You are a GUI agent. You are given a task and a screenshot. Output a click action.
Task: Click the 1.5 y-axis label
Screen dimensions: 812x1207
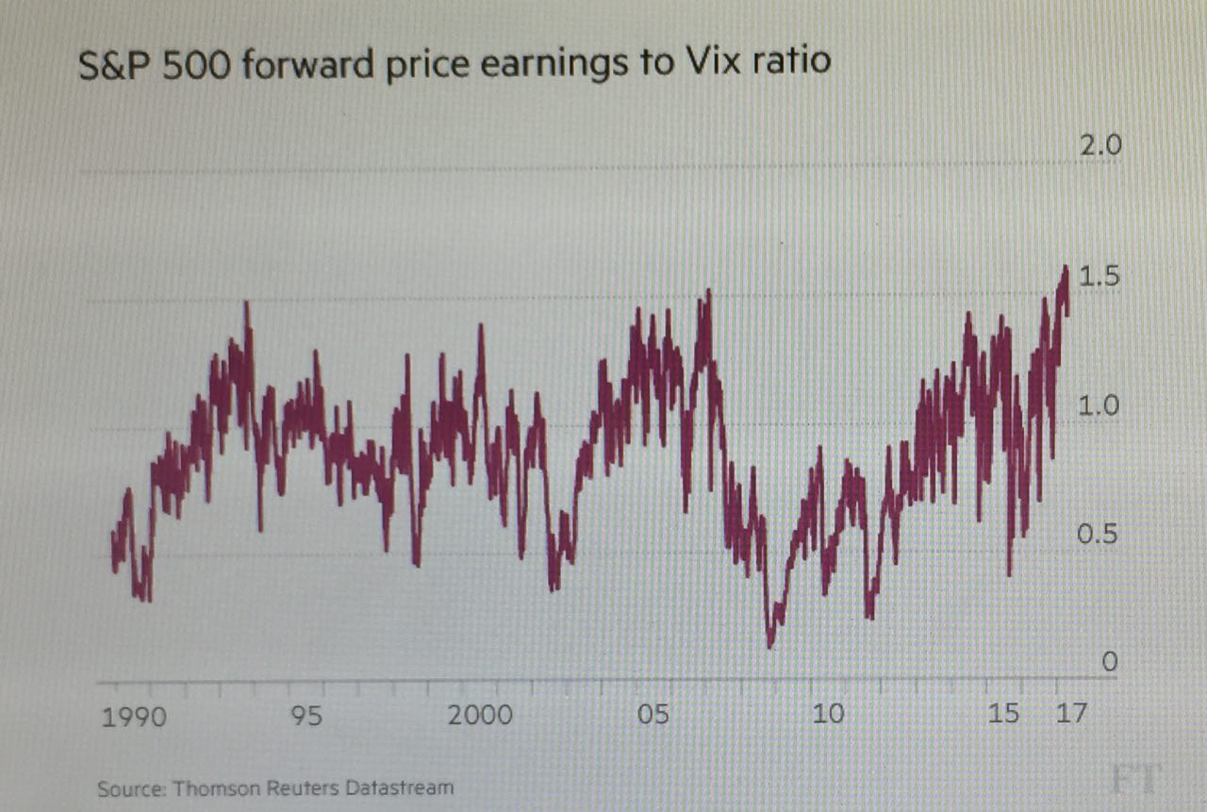click(1099, 278)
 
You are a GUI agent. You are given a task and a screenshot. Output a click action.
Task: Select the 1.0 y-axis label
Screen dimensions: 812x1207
click(1099, 406)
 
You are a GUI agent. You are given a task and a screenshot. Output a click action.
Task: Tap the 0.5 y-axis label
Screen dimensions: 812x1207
click(1099, 535)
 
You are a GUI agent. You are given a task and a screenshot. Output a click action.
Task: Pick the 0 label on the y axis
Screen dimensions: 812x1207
click(1109, 663)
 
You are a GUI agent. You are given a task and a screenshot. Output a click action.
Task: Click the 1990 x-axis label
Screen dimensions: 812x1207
click(133, 717)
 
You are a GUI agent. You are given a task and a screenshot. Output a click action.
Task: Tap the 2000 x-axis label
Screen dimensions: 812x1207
click(480, 715)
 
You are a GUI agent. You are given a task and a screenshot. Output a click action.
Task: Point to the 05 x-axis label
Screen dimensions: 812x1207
click(653, 714)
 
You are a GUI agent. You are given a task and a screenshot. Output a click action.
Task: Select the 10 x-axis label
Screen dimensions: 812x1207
click(828, 713)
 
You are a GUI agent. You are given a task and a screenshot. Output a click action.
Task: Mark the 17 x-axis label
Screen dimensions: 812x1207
click(1070, 712)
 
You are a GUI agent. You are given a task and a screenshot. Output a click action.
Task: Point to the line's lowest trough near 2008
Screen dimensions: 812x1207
click(770, 646)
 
